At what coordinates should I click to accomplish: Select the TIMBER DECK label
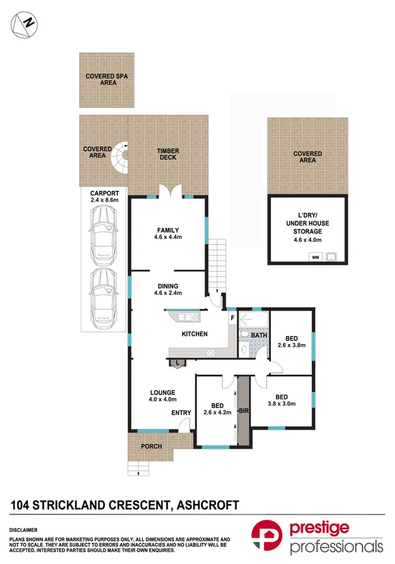tap(167, 154)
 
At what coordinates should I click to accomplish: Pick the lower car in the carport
tap(104, 295)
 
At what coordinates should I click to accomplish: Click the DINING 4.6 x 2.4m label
tap(168, 290)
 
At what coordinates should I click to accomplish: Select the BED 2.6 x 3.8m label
tap(292, 342)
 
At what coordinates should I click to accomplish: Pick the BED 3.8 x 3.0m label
tap(282, 400)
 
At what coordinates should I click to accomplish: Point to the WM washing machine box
tap(315, 256)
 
